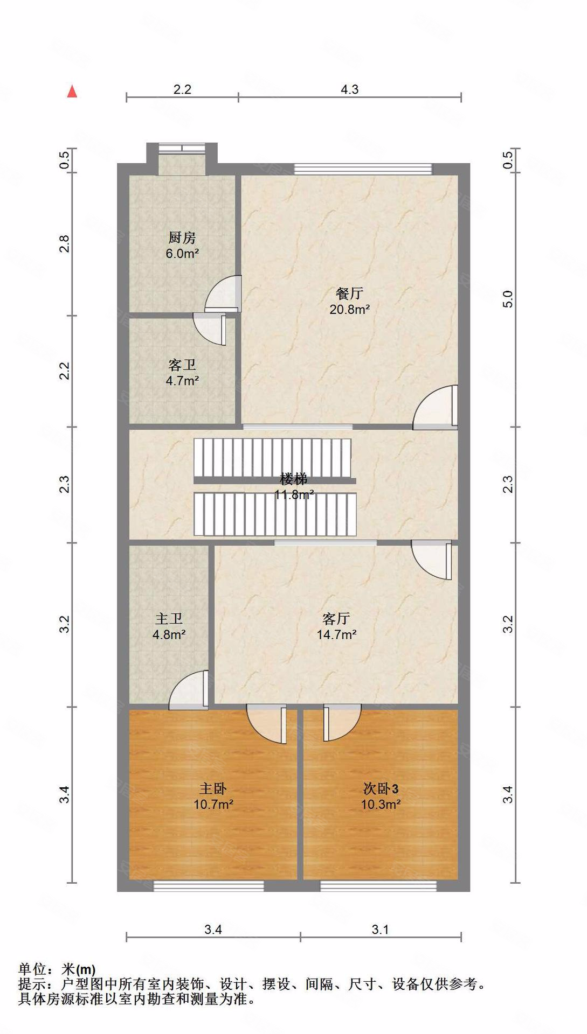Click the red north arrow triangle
tap(72, 92)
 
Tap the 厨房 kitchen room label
tap(182, 237)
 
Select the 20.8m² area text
tap(349, 310)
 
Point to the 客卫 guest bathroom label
tap(182, 365)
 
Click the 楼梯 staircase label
tap(294, 479)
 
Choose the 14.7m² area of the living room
tap(336, 635)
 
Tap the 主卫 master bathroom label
tap(169, 619)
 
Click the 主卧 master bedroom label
tap(213, 789)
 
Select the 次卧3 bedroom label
tap(381, 789)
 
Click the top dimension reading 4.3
tap(349, 89)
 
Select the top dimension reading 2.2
tap(182, 89)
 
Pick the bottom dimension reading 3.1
tap(380, 930)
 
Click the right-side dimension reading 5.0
tap(508, 299)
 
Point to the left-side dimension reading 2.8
tap(65, 244)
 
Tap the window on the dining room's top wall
tap(363, 169)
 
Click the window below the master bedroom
tap(209, 885)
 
